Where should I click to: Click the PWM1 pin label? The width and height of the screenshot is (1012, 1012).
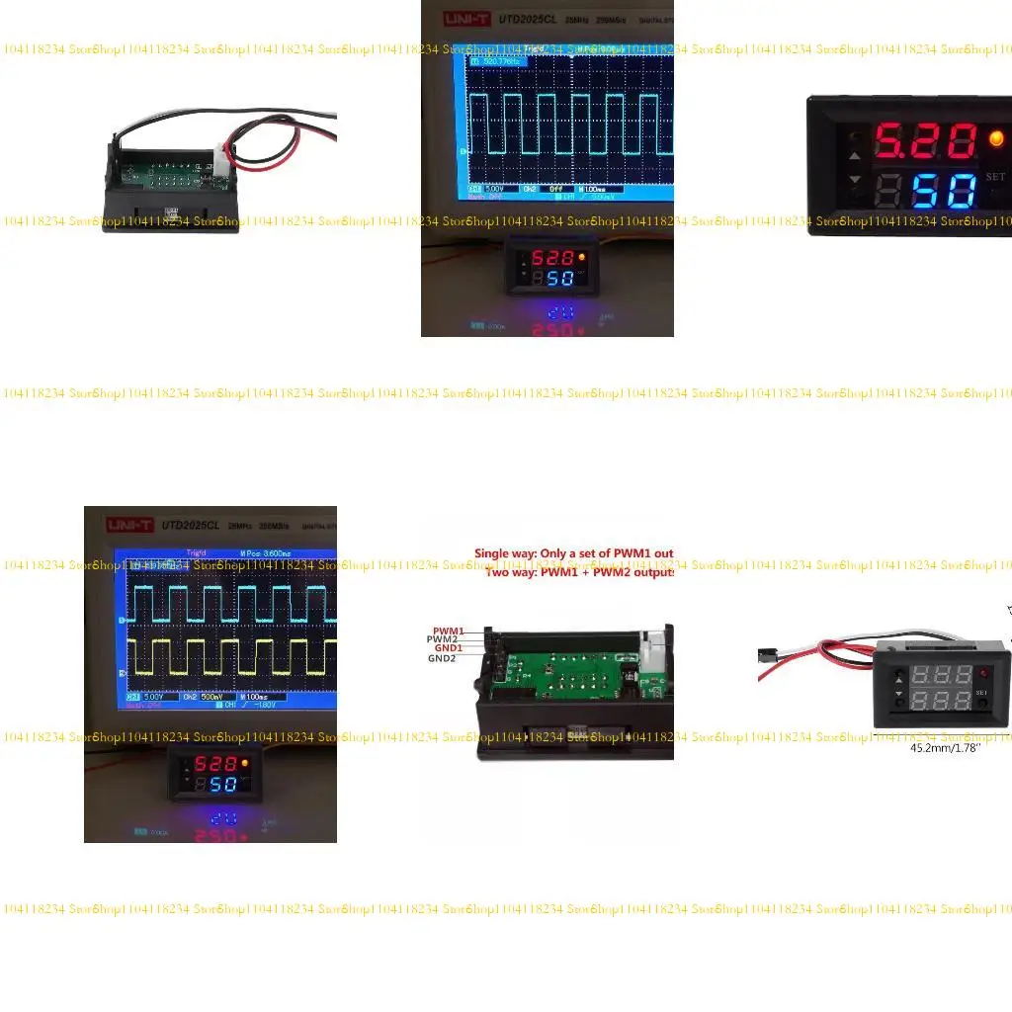[448, 631]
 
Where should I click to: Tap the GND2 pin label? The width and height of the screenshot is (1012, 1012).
[442, 658]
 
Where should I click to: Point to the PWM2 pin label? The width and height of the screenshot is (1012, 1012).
[443, 639]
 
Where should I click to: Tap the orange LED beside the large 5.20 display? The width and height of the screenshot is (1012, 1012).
[995, 139]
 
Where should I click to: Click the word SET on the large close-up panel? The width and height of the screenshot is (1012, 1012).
[995, 178]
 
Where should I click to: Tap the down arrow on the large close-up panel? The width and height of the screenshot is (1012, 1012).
[854, 181]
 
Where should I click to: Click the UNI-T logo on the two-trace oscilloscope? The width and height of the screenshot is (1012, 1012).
[129, 525]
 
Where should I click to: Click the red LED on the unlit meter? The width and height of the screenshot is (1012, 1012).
[983, 672]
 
